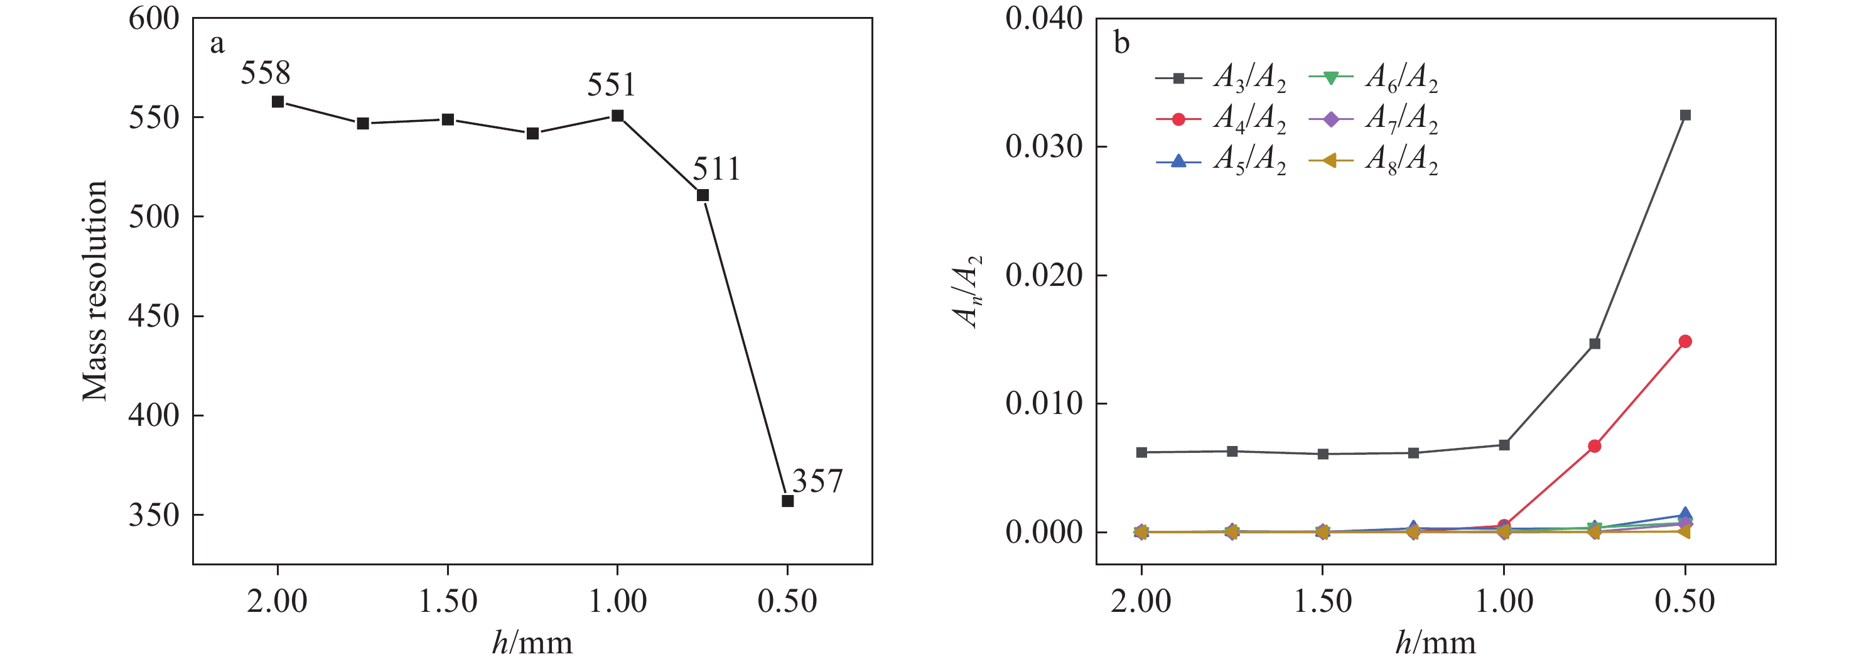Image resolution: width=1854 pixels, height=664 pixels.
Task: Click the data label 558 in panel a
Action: coord(265,73)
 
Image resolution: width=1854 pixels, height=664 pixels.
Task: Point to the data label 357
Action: coord(817,481)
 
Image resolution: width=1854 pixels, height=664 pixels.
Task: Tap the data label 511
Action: coord(716,169)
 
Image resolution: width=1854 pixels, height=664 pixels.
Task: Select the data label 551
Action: coord(611,85)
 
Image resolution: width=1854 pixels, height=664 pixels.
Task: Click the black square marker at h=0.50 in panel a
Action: coord(787,501)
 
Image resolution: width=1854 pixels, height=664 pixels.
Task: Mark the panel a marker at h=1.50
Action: coord(448,119)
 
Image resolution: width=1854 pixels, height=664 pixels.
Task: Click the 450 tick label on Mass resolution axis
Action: coord(153,316)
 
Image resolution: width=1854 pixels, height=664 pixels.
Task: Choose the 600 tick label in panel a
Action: coord(153,19)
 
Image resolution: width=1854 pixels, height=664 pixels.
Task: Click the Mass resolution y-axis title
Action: coord(94,290)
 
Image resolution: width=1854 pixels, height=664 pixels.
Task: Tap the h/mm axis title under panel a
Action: coord(532,641)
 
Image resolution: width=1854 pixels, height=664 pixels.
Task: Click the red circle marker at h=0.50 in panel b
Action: coord(1685,341)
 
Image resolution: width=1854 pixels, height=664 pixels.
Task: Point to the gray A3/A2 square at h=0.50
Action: coord(1685,115)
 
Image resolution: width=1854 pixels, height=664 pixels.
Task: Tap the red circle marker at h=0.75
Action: coord(1594,447)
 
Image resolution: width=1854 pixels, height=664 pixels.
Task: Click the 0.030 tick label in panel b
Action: coord(1043,147)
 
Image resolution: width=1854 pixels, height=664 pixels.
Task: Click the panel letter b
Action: coord(1121,43)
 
